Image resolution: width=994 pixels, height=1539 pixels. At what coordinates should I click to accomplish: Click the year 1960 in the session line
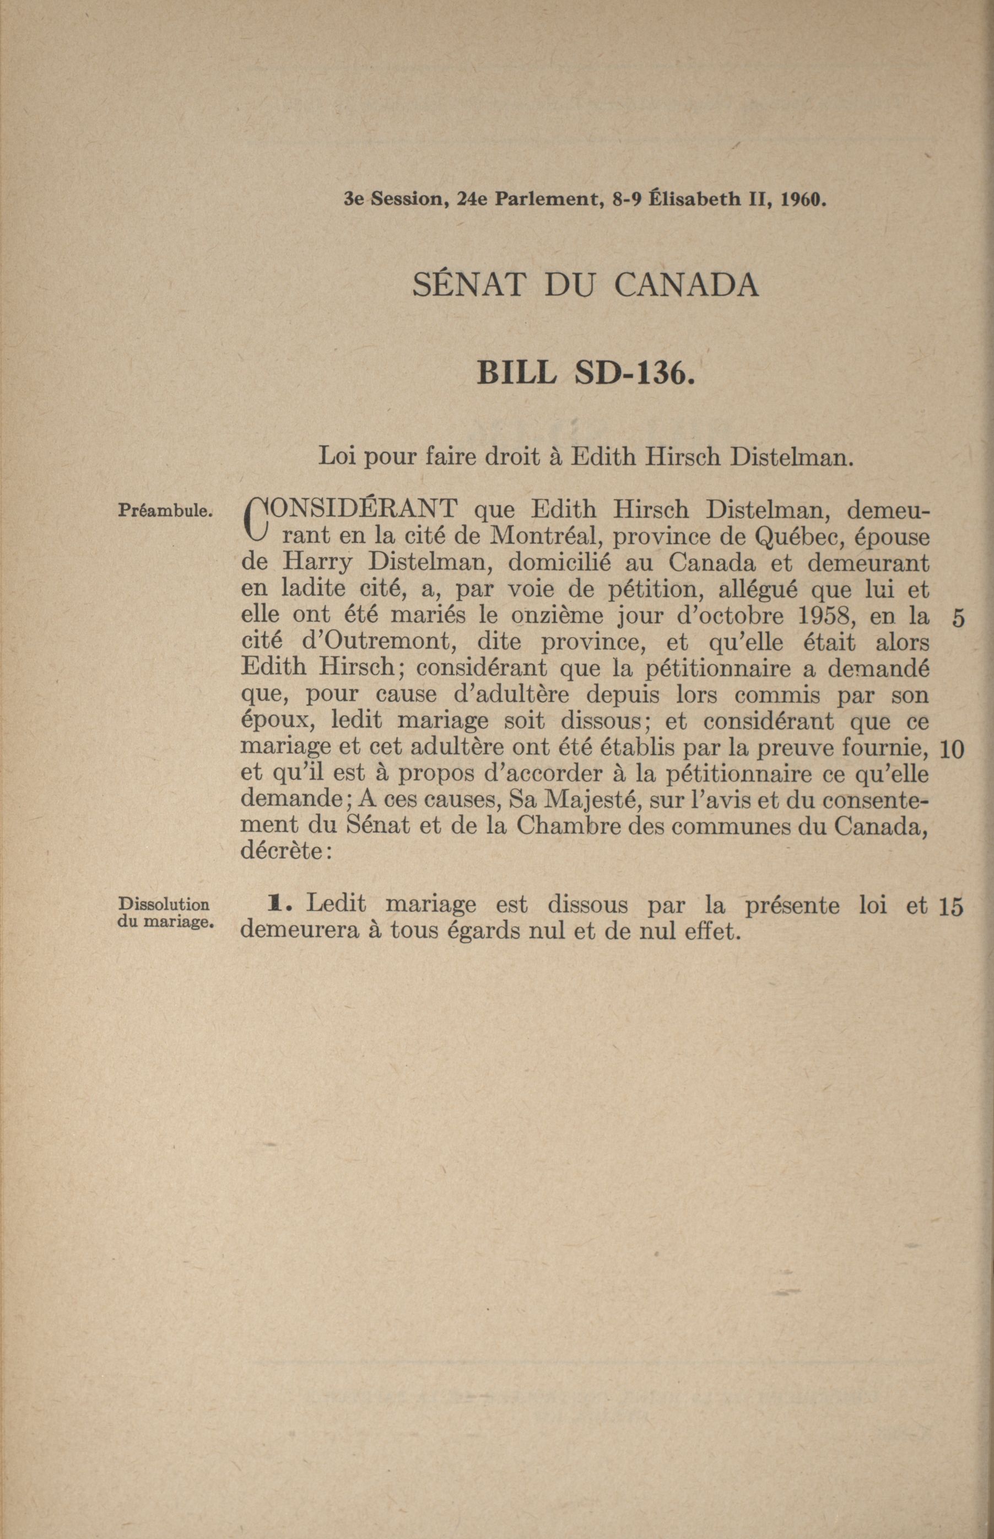[803, 200]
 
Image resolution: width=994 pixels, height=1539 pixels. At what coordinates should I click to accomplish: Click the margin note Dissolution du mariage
[165, 913]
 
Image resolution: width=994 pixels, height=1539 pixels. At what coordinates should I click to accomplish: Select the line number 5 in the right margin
[958, 619]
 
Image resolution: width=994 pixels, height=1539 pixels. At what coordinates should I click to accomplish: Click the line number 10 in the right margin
[952, 750]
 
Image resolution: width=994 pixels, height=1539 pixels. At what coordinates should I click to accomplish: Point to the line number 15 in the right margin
[951, 907]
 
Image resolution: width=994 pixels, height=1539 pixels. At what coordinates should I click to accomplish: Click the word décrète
[285, 852]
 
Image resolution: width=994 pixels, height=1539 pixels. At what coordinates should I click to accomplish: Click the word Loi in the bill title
[338, 457]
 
